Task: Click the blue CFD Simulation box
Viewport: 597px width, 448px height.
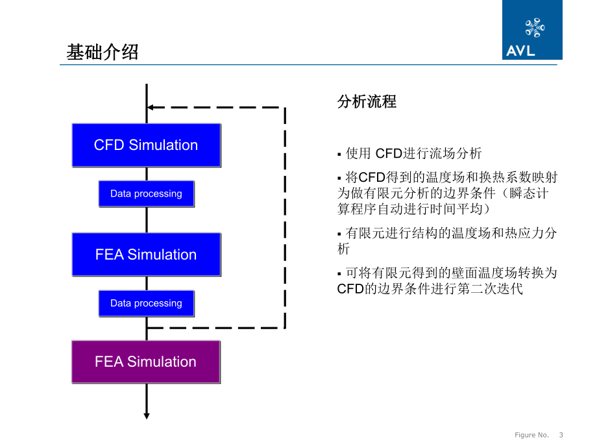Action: [146, 145]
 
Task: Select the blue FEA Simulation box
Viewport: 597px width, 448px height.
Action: [146, 255]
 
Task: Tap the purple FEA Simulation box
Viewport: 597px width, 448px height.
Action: [145, 362]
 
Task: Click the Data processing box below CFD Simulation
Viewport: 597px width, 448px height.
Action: [146, 193]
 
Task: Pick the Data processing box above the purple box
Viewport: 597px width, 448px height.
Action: [146, 303]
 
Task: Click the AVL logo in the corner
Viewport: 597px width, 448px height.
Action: [532, 30]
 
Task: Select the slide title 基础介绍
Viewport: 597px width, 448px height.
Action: [103, 52]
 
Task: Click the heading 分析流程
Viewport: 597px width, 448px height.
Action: [367, 102]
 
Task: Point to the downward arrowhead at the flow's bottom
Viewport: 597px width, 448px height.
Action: [147, 416]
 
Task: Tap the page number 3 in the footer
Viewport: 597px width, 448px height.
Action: [561, 435]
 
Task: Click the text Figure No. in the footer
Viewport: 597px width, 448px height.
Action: [531, 435]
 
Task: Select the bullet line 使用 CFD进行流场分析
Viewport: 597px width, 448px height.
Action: [413, 154]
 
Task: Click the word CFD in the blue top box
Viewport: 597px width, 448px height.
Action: [109, 145]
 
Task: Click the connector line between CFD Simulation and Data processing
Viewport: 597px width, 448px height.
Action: [147, 173]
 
